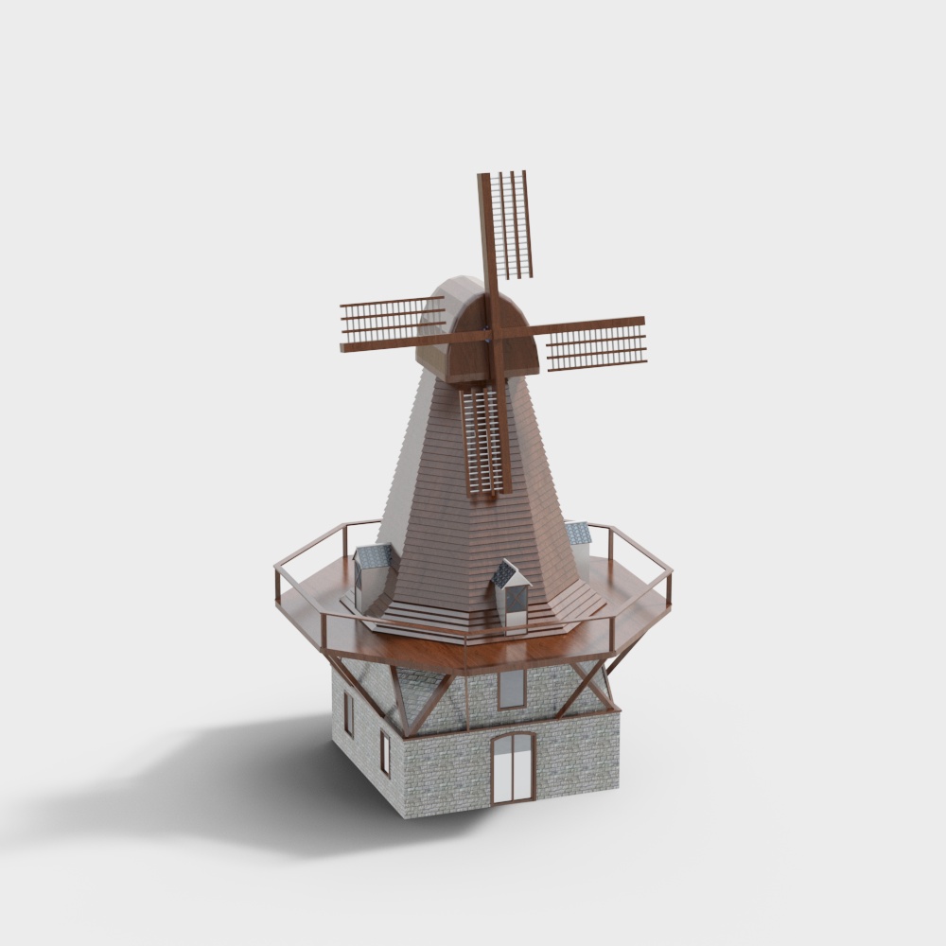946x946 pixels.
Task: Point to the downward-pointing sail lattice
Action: click(482, 441)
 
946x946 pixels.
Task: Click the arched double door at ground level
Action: click(514, 767)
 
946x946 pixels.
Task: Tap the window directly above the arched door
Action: click(511, 689)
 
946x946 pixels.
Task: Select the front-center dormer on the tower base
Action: click(510, 594)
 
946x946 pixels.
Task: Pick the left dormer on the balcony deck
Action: click(373, 573)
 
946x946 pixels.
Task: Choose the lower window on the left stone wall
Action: click(385, 752)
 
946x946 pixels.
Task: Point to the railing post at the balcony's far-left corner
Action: click(277, 586)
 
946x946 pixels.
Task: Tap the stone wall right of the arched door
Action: click(577, 757)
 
